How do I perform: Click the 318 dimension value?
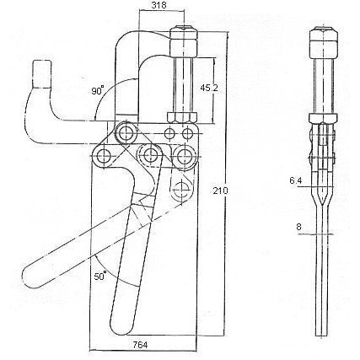pos(159,5)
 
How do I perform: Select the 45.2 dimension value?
pos(209,88)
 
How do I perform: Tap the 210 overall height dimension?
pos(220,191)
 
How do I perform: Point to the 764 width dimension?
pos(140,345)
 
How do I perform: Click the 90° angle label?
pos(98,90)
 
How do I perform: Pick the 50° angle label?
pos(100,276)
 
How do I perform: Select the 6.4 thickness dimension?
pos(296,180)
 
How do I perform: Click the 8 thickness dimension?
pos(298,227)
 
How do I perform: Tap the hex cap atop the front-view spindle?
pos(185,41)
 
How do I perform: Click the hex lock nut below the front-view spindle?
pos(181,118)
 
